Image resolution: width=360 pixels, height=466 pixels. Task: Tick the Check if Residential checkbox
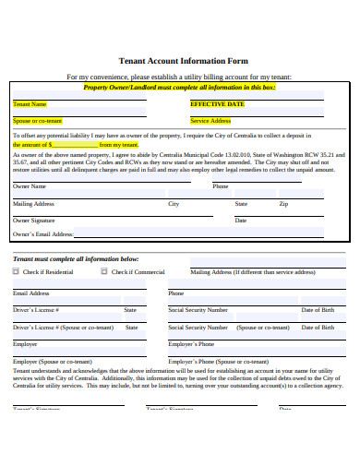(16, 272)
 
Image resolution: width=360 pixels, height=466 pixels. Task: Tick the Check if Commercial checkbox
(104, 272)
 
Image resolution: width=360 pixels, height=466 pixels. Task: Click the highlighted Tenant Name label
(30, 104)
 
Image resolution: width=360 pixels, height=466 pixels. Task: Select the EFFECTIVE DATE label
(217, 104)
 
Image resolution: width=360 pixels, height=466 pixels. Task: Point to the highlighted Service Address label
(210, 121)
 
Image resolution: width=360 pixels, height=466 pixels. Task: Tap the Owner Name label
(29, 186)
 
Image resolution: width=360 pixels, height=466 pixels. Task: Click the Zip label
(284, 203)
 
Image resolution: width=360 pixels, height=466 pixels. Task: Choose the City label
(174, 203)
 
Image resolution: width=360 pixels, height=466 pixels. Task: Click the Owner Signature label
(34, 221)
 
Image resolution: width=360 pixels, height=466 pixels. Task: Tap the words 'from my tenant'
(118, 145)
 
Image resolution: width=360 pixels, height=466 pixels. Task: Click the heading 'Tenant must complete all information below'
(75, 258)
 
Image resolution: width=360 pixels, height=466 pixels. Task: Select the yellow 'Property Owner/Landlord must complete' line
(179, 87)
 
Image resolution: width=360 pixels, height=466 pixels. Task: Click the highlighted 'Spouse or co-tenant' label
(38, 121)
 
